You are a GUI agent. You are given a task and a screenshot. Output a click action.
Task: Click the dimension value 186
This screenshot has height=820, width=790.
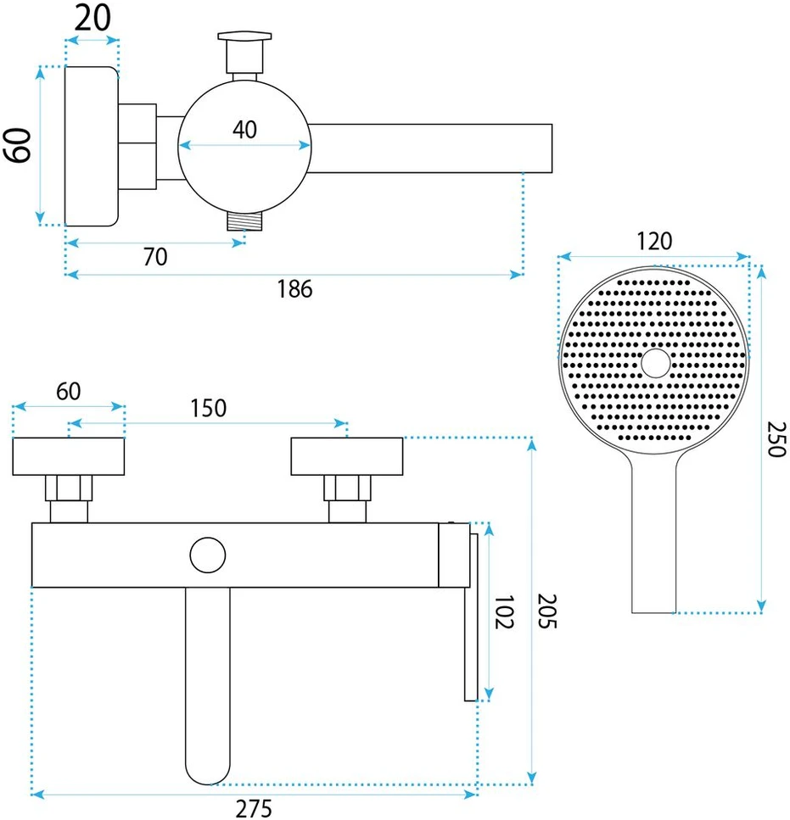tap(294, 289)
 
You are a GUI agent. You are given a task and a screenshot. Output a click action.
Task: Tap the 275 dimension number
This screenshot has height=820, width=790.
tap(254, 808)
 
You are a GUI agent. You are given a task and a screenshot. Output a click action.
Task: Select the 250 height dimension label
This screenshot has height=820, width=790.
tap(776, 439)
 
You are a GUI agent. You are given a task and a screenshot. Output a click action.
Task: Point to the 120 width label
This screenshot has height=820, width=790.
tap(654, 242)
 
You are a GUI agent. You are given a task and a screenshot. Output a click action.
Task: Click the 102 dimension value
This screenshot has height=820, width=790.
tap(504, 611)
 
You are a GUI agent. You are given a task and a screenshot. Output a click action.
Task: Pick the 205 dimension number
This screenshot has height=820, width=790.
tap(547, 611)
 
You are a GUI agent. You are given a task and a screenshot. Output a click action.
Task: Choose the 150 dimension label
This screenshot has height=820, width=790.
tap(208, 409)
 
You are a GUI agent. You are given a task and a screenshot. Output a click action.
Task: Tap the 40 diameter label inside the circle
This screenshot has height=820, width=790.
tap(245, 130)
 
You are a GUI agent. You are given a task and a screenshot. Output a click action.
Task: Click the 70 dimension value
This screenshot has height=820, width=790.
tap(155, 257)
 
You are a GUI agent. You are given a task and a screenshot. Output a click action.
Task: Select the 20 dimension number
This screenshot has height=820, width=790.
tap(92, 19)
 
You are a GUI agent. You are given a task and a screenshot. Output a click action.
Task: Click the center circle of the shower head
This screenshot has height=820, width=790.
tap(656, 363)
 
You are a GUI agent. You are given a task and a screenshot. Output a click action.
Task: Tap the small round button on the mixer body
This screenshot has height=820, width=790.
tap(208, 555)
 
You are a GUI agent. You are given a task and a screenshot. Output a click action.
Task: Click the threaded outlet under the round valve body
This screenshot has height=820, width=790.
tap(245, 221)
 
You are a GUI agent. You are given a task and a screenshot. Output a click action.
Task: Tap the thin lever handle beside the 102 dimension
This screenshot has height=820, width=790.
tap(471, 617)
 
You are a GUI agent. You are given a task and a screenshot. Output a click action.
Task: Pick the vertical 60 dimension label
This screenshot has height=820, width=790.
tap(18, 145)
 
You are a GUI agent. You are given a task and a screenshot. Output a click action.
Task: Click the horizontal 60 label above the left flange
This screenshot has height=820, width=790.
tap(69, 392)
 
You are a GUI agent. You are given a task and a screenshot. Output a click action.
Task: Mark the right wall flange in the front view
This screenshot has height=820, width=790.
tap(347, 456)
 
